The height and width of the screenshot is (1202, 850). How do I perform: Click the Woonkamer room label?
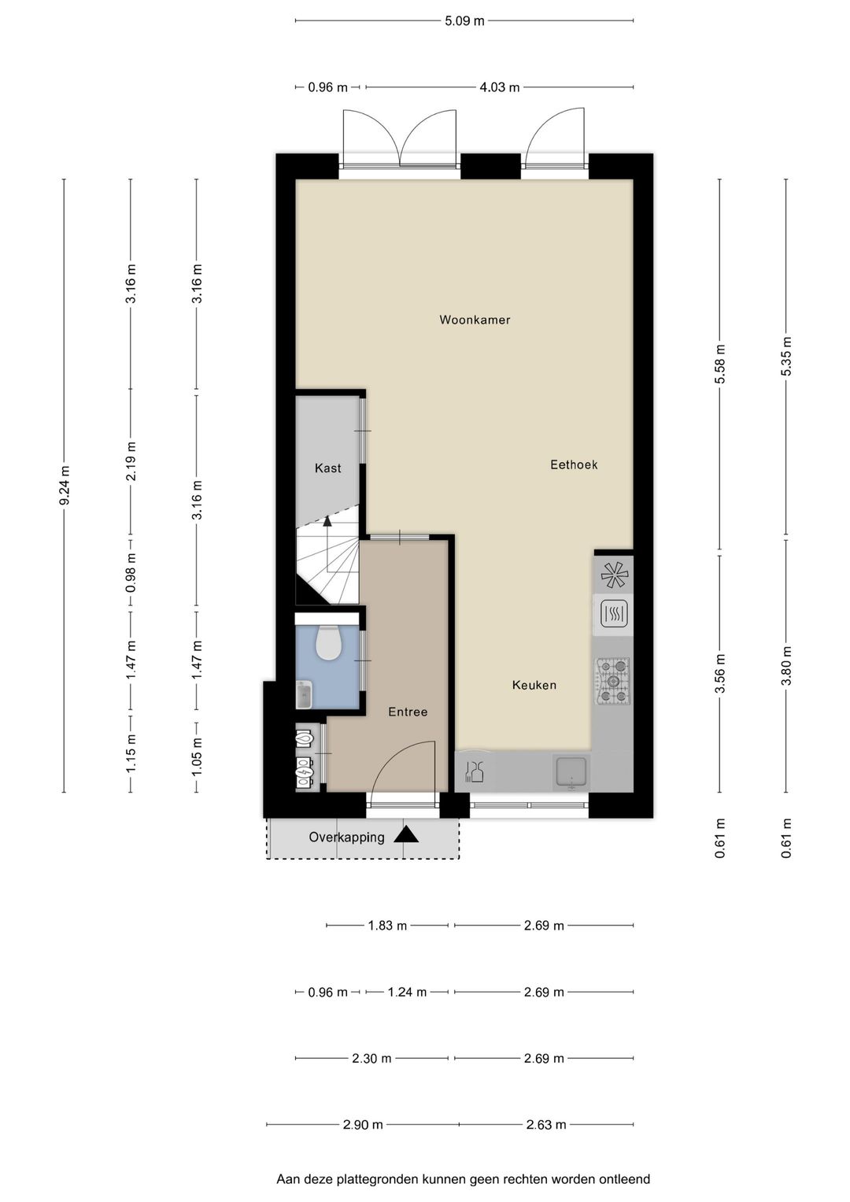pos(475,320)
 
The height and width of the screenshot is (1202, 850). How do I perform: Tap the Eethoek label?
pos(574,464)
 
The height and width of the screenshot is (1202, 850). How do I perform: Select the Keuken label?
pos(534,686)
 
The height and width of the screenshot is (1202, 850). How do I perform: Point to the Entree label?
pos(408,712)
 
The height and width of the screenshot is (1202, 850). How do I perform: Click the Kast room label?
pos(328,468)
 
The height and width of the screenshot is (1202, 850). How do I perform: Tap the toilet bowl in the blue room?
pos(327,642)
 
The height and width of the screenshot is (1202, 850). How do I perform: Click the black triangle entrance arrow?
pos(406,835)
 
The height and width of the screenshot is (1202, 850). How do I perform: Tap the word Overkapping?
pos(346,837)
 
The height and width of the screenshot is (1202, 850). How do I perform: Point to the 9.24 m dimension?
pos(65,486)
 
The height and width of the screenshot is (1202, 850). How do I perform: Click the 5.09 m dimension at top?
pos(464,21)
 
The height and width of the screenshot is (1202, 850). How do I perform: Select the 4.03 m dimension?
pos(500,87)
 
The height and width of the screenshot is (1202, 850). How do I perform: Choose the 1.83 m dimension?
pos(387,926)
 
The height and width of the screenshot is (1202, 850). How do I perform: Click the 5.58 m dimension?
pos(720,364)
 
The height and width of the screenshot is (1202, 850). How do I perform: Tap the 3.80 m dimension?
pos(787,666)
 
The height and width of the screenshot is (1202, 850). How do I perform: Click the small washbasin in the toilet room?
pos(305,695)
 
